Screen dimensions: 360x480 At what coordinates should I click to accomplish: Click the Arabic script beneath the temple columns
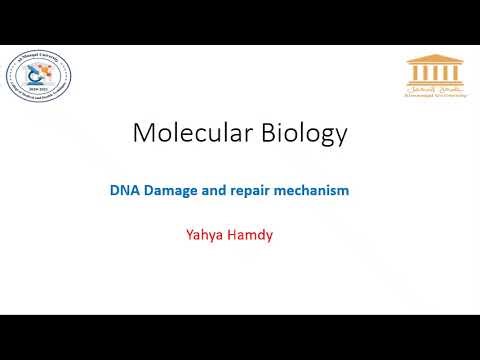tap(433, 94)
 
